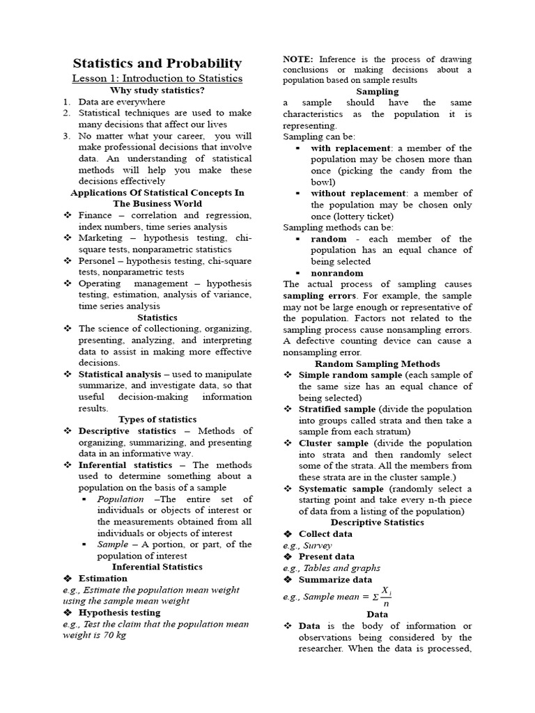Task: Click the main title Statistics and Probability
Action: coord(157,63)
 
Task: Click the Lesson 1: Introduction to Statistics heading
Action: coord(157,78)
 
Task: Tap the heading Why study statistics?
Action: coord(157,91)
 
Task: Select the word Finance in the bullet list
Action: coord(95,215)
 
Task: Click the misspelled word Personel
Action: coord(98,260)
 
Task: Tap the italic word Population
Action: coord(121,499)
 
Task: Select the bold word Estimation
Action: coord(103,578)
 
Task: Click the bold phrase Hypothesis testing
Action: coord(119,612)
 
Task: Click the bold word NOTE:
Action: coord(297,59)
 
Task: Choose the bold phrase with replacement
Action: coord(350,148)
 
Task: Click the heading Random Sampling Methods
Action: coord(378,363)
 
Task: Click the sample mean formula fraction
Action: coord(384,597)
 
